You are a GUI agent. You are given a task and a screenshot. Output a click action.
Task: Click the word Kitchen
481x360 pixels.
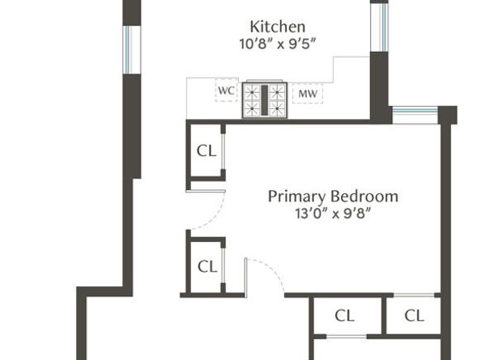[278, 27]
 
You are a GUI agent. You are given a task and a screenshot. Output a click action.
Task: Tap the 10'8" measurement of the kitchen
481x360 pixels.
[255, 44]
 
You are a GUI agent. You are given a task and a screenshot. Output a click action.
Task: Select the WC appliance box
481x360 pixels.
[227, 91]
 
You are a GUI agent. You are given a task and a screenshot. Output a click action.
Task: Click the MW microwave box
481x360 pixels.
[308, 94]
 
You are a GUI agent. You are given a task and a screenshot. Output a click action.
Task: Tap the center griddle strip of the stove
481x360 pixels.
[265, 100]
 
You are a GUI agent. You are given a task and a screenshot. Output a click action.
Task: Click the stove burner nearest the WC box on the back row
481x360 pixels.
[252, 92]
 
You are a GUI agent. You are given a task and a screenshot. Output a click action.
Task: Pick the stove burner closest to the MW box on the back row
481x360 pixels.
[277, 92]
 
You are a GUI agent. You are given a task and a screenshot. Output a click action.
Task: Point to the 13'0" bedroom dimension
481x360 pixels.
[312, 214]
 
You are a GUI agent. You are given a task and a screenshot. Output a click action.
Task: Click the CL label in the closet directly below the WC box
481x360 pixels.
[206, 151]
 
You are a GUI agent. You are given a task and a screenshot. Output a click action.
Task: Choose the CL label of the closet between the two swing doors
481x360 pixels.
[207, 266]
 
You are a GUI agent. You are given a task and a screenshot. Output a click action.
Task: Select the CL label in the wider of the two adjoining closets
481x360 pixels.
[345, 316]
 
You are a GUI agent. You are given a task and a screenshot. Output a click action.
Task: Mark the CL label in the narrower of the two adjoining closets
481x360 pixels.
[415, 316]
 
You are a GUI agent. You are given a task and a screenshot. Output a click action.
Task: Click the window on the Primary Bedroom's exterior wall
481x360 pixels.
[415, 115]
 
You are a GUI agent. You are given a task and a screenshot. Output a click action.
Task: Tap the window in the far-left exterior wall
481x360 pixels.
[132, 50]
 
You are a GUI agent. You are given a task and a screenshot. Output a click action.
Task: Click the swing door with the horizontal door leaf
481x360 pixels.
[206, 210]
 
